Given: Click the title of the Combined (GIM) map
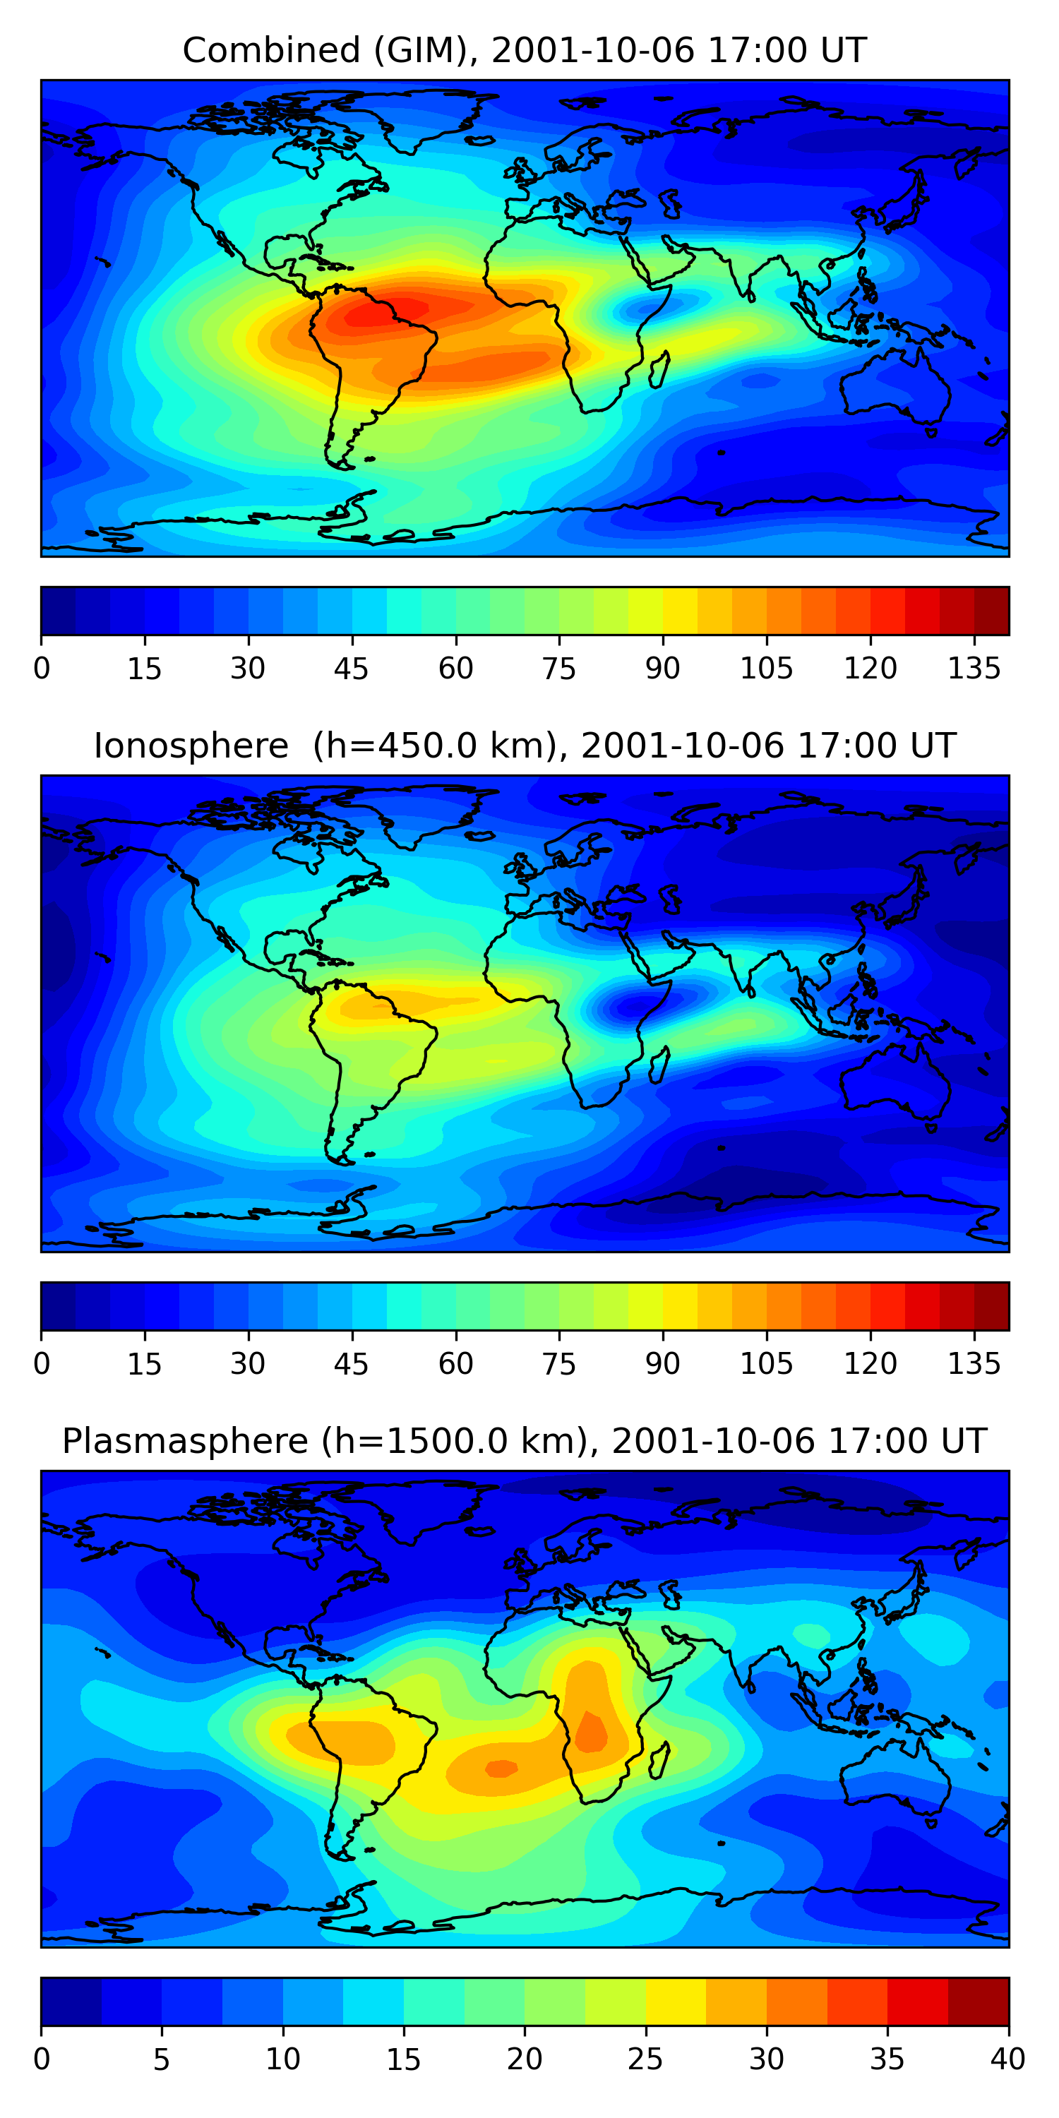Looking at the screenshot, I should click(524, 50).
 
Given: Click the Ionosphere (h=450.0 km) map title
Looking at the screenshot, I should click(524, 746).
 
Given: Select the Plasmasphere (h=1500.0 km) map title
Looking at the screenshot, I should click(524, 1442).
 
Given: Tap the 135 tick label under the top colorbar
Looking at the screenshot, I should click(974, 669).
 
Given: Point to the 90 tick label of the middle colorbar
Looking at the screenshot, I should click(663, 1364).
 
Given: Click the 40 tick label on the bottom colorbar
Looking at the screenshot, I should click(1007, 2059).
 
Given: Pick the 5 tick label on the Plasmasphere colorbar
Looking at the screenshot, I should click(161, 2059).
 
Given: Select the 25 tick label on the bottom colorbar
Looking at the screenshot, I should click(645, 2059).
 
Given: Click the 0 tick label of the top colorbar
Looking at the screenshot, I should click(42, 669).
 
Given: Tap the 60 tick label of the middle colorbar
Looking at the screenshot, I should click(455, 1364).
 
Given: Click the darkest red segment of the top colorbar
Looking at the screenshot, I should click(992, 611).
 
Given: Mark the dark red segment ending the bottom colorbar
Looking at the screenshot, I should click(979, 2002).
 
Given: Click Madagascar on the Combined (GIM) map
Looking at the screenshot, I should click(659, 369).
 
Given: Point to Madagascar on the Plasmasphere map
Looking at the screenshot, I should click(659, 1760).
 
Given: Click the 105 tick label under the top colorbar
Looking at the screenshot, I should click(766, 669).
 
